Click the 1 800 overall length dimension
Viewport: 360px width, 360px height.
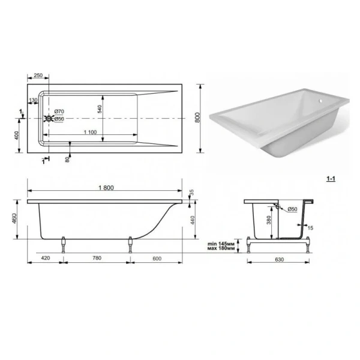(106, 188)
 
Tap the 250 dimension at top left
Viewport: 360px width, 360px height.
(38, 76)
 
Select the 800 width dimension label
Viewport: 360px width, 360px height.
(197, 118)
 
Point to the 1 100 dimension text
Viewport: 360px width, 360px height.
(90, 132)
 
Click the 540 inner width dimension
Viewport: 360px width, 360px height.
(100, 109)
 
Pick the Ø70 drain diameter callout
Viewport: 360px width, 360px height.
(59, 112)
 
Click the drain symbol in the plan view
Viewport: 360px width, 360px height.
(49, 118)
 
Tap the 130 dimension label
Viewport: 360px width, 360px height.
(33, 100)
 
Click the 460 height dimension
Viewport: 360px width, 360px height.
(14, 218)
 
